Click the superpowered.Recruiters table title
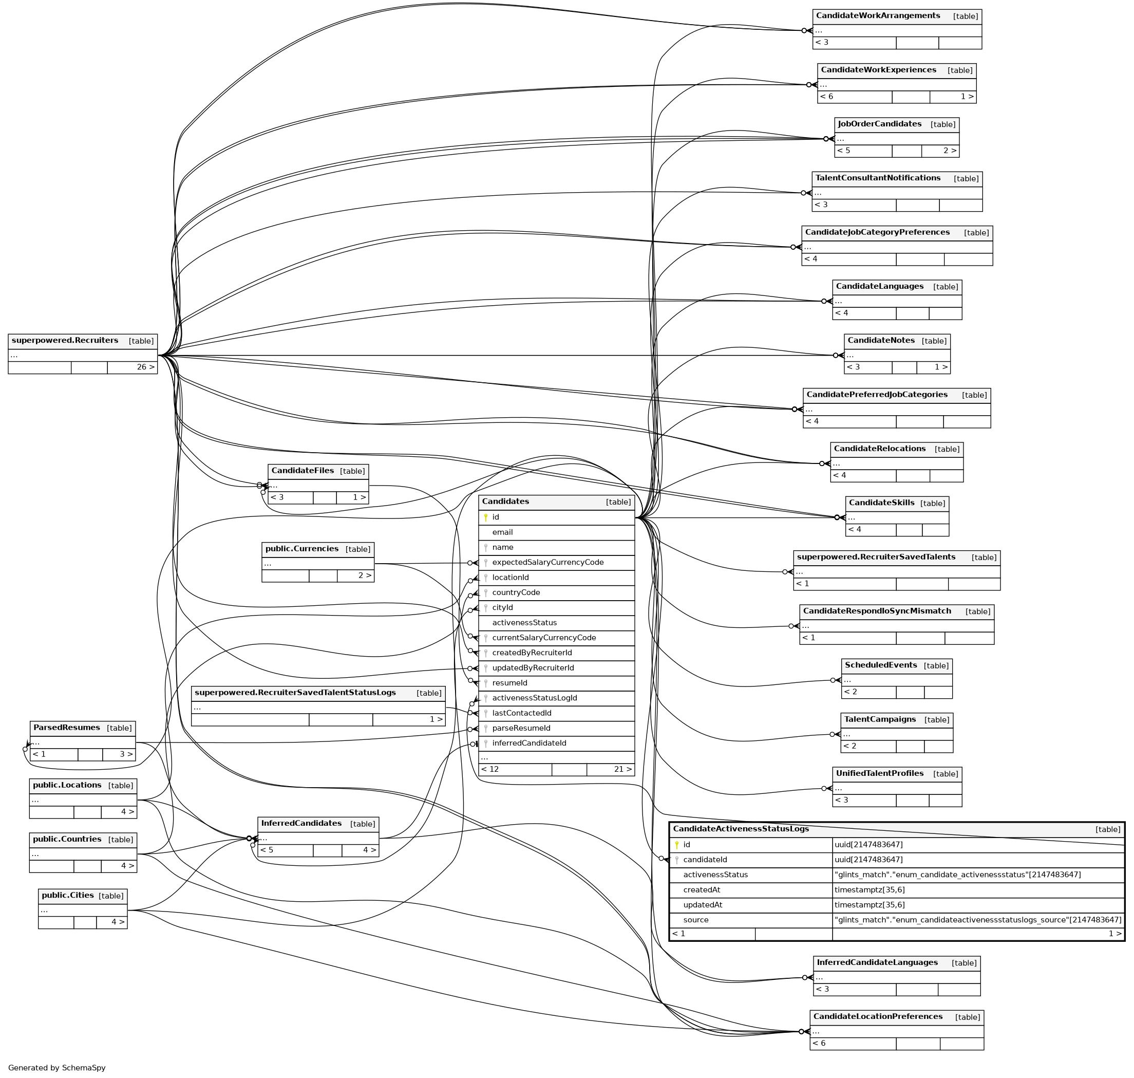coord(65,340)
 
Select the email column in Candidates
coord(502,532)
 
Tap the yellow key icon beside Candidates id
coord(485,517)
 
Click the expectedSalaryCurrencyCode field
coord(547,562)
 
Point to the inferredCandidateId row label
coord(528,743)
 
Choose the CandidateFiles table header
coord(302,471)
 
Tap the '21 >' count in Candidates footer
coord(622,769)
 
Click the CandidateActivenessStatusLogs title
coord(741,829)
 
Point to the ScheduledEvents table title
coord(880,665)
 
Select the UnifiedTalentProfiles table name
coord(879,773)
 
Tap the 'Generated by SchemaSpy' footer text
coord(57,1068)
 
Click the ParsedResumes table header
coord(67,728)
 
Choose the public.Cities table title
coord(67,895)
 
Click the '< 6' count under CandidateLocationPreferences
coord(819,1043)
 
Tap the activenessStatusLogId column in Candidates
coord(534,698)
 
